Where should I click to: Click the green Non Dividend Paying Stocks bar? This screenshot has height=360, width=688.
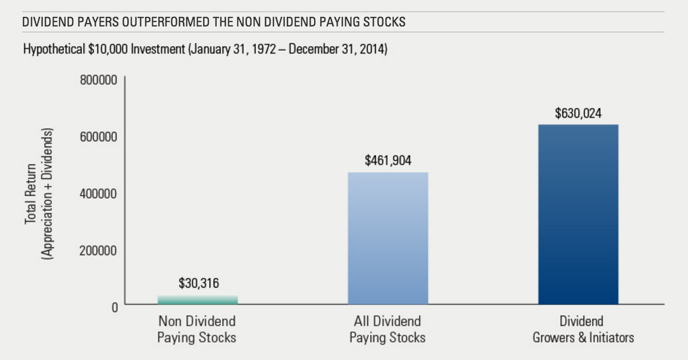(198, 299)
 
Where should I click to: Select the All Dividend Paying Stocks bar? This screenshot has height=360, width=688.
(388, 238)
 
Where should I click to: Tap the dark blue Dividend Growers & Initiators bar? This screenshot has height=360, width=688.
(578, 214)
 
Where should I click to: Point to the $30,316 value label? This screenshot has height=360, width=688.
(199, 283)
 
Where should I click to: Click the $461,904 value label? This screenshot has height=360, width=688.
(388, 161)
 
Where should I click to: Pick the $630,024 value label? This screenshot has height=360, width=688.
(578, 113)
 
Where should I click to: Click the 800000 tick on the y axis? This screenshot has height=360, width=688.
(98, 80)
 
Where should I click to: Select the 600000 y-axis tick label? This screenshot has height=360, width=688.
(98, 137)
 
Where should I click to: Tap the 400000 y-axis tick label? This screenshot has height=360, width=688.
(98, 194)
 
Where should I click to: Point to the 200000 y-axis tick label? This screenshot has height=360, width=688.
(98, 251)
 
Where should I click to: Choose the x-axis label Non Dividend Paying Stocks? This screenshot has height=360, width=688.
(197, 329)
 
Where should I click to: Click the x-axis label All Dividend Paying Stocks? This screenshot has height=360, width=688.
(388, 329)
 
